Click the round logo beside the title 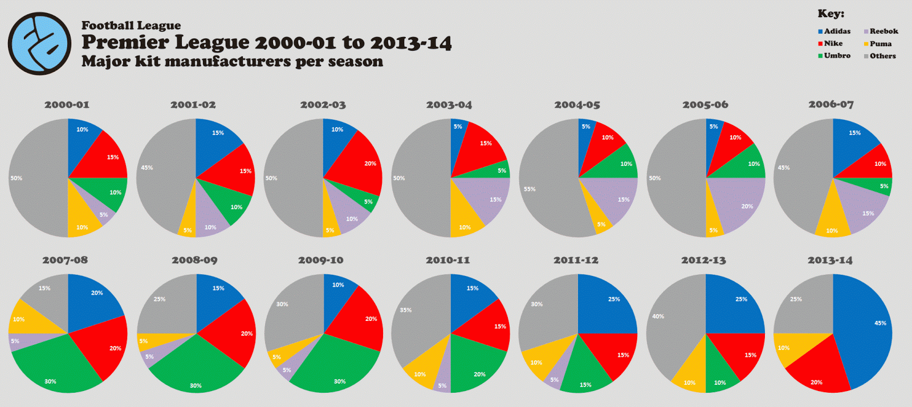coord(39,44)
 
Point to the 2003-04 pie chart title coord(449,105)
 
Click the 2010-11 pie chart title coord(448,261)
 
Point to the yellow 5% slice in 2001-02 coord(188,225)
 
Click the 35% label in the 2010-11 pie coord(405,311)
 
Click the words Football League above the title coord(131,26)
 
